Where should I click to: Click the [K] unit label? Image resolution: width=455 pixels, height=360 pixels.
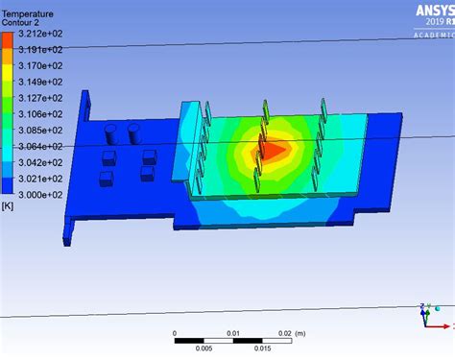[x=8, y=205]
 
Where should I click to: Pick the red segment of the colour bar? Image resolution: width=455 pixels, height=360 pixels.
[x=7, y=37]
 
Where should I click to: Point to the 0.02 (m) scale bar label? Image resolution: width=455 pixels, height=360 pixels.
[x=289, y=333]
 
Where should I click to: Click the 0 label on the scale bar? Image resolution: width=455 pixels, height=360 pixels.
[x=175, y=333]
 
